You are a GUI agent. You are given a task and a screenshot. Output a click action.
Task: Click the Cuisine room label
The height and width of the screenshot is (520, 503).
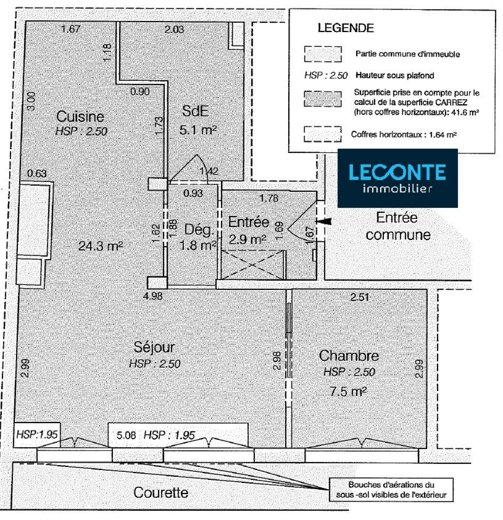click(80, 117)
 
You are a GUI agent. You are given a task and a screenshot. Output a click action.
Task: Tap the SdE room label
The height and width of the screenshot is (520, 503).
click(195, 111)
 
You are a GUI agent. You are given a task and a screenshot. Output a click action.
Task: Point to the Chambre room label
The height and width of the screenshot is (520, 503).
click(349, 356)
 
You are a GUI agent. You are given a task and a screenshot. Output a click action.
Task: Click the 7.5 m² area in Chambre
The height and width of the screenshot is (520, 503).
click(348, 392)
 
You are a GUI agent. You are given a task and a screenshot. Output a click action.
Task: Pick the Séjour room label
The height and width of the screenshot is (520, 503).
click(154, 347)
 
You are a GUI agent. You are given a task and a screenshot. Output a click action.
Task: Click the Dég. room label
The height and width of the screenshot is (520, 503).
click(199, 230)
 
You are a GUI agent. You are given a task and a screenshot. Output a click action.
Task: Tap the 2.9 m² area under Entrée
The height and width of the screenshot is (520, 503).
click(247, 240)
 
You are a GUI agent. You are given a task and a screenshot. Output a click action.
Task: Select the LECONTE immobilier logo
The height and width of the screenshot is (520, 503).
click(397, 178)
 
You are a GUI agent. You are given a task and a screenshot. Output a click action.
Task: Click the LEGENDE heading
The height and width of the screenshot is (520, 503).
click(345, 28)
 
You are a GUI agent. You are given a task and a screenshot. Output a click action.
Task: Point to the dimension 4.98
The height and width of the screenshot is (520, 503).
click(153, 296)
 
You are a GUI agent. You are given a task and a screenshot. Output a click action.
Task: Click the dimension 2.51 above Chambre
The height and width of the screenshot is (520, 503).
click(360, 297)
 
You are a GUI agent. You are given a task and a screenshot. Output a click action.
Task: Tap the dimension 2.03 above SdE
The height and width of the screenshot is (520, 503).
click(174, 30)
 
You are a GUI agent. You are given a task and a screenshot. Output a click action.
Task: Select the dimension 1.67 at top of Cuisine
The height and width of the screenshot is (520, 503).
click(71, 29)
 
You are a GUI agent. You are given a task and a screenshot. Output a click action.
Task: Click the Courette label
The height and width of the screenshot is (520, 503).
click(161, 492)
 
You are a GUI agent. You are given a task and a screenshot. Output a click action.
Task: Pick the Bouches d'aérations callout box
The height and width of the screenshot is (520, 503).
click(391, 490)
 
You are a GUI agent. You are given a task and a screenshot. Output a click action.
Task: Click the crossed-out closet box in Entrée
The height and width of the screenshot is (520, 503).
click(253, 264)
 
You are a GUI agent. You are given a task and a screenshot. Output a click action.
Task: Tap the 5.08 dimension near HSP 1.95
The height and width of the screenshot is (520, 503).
click(126, 435)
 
